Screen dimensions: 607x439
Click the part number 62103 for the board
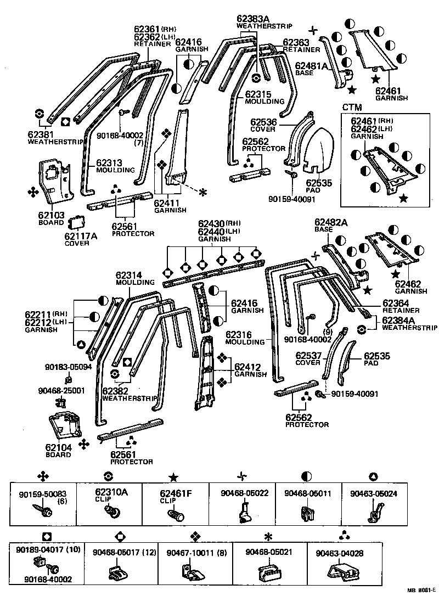point(52,216)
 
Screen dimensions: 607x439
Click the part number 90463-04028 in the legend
point(339,554)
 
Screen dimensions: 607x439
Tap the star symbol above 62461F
point(173,476)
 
